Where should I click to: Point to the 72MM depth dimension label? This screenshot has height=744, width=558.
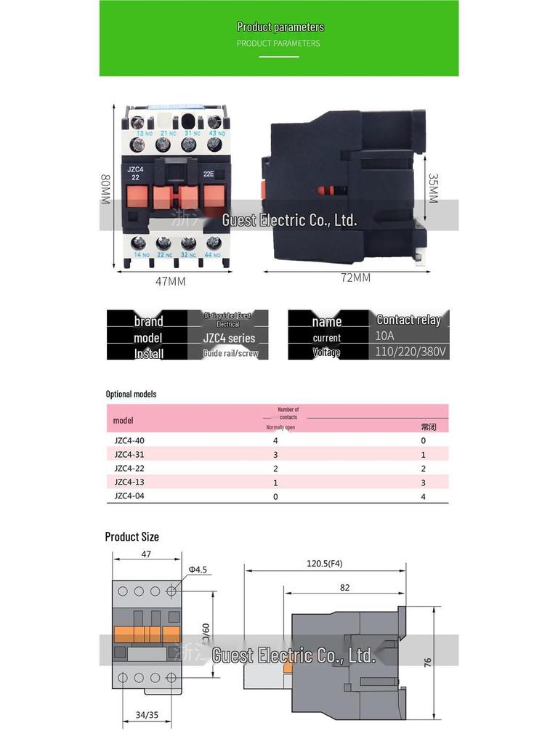tap(355, 278)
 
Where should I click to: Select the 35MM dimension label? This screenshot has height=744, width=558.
tap(433, 187)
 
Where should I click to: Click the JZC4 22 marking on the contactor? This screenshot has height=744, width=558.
tap(136, 173)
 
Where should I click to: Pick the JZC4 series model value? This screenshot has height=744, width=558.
tap(229, 338)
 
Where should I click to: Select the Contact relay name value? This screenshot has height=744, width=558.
tap(408, 320)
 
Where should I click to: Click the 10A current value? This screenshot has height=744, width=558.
tap(386, 337)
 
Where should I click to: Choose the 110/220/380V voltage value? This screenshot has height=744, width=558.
tap(411, 352)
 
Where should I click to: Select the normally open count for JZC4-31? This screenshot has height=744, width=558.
tap(275, 454)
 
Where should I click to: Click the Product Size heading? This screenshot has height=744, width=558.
tap(132, 537)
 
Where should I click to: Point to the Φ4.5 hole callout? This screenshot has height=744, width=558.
tap(198, 569)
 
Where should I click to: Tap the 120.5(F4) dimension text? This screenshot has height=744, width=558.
tap(325, 563)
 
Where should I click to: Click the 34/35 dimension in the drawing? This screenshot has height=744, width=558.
tap(147, 715)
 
